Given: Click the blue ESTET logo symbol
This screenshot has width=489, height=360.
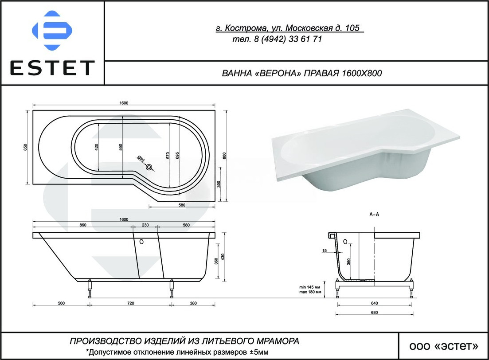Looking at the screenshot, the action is [52, 31].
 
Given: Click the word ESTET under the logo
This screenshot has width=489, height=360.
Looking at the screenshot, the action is [52, 68].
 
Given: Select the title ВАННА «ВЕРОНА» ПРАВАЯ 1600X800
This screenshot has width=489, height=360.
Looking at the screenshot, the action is [302, 73].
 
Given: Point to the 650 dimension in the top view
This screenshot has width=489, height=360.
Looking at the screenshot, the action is [26, 147].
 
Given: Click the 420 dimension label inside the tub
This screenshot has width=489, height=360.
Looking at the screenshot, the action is [96, 147].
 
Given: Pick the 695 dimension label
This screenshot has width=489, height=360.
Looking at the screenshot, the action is [177, 155].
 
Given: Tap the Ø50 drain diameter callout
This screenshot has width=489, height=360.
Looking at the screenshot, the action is [141, 159].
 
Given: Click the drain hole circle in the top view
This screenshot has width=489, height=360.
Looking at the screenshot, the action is [150, 168].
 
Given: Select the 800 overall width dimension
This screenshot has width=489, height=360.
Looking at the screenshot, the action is [224, 156].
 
